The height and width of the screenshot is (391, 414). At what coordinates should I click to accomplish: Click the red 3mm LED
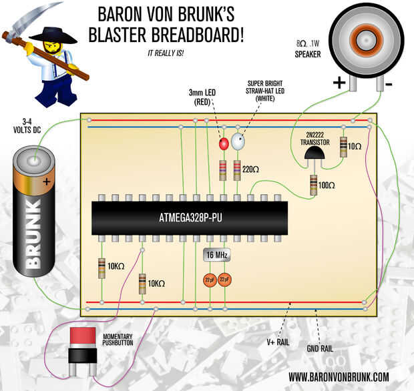click(224, 143)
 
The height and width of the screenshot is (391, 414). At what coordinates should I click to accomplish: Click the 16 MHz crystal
click(218, 255)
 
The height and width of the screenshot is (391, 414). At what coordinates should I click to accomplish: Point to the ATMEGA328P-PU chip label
click(190, 217)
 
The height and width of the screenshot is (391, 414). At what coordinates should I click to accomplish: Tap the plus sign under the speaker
click(339, 83)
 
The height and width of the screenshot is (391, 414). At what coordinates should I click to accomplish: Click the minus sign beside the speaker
click(389, 83)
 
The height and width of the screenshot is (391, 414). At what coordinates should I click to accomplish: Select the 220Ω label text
click(251, 169)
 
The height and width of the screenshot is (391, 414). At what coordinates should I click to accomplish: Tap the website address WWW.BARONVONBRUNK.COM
click(339, 377)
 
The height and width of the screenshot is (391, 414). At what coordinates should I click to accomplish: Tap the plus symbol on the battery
click(46, 181)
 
